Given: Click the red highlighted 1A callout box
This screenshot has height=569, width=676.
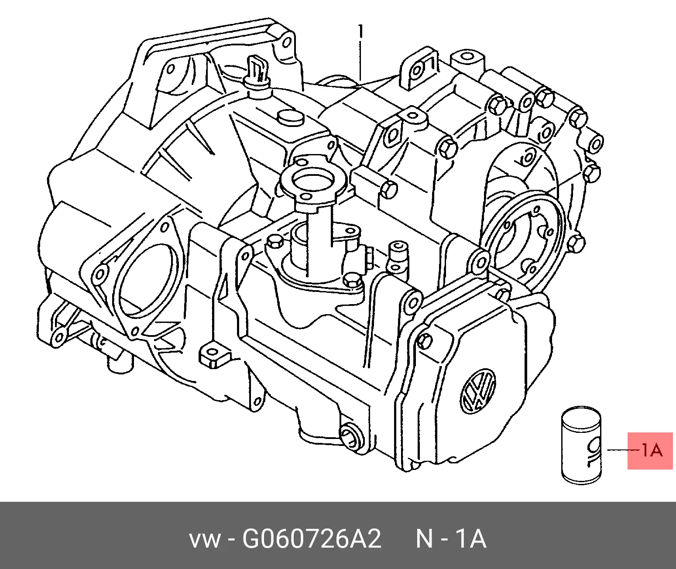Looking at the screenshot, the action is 650,451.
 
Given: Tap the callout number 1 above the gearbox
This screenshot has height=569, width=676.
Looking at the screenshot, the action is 360,32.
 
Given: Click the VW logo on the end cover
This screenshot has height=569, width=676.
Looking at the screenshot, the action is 478,391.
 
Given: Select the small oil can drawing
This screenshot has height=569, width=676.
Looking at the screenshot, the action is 581,446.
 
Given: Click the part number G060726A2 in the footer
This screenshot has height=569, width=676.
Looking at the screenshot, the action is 312,539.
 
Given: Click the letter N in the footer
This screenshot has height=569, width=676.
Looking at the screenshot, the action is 425,539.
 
